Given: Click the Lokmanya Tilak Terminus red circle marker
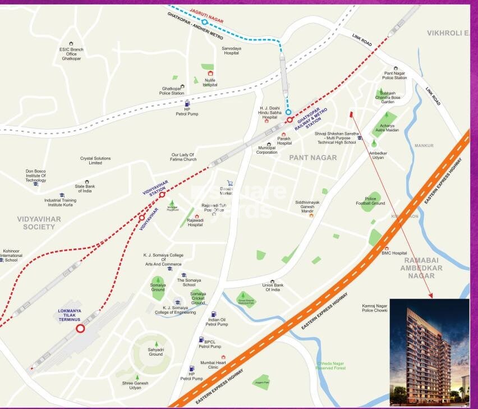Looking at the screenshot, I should (80, 329).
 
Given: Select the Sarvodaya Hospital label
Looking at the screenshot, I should (232, 50).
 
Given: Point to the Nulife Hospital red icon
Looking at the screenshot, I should (210, 73).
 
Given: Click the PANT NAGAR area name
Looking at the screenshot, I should (313, 158).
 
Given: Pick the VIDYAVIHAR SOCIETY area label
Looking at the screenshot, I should (31, 223).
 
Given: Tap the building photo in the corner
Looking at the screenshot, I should (429, 352).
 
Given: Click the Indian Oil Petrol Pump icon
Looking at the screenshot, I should (213, 314).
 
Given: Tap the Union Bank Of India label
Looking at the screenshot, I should (272, 287).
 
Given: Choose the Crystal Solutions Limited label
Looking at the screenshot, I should (95, 160).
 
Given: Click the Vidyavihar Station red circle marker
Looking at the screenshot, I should (162, 195).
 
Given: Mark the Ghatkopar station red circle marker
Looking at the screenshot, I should (289, 120).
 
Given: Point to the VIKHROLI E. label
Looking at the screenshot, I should (447, 34).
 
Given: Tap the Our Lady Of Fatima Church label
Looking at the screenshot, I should (183, 157).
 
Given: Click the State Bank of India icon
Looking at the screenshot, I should (87, 182).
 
